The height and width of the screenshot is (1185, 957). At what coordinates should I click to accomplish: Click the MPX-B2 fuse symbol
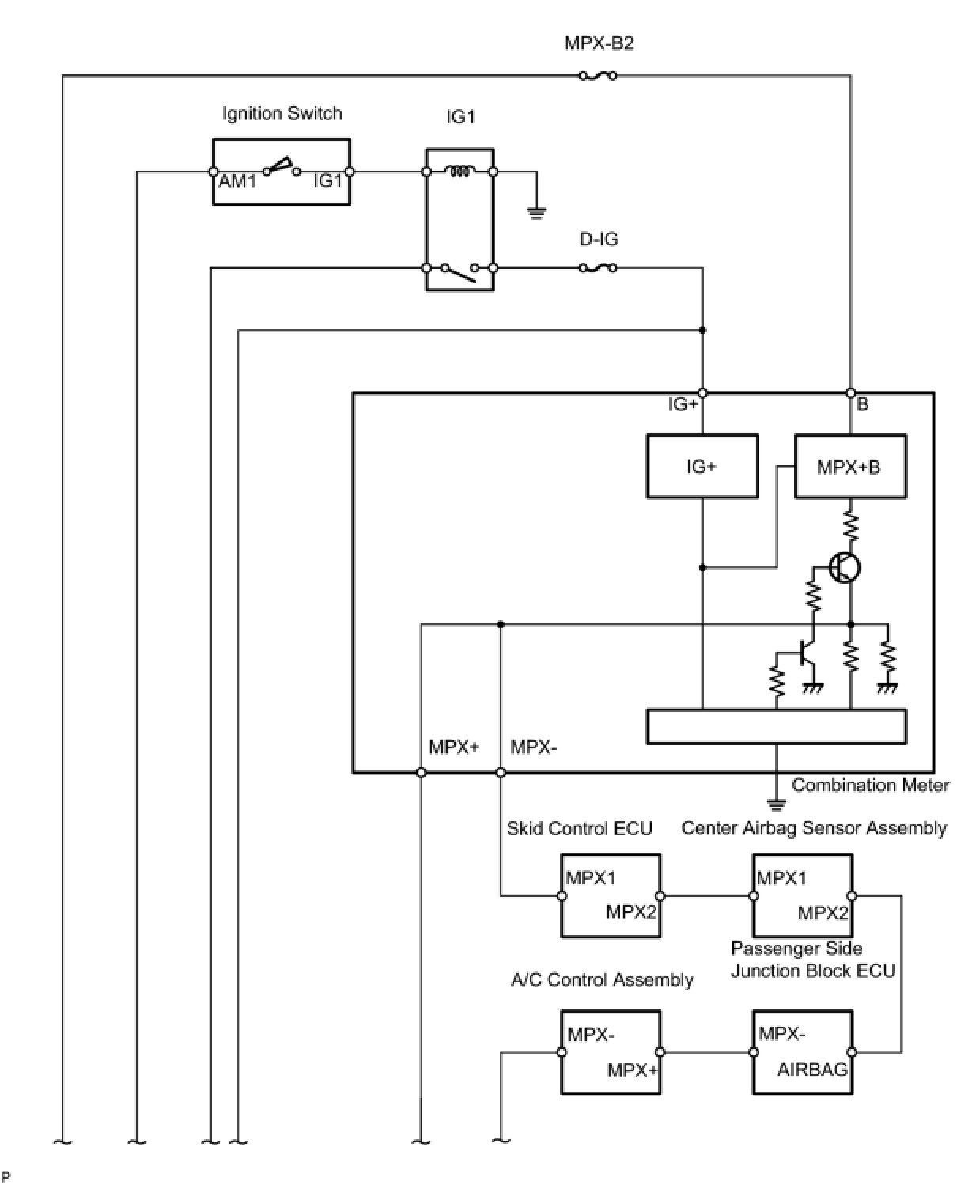click(598, 76)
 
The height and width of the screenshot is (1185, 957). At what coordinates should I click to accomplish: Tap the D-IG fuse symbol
click(598, 268)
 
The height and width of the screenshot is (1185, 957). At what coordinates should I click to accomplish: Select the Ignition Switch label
click(282, 113)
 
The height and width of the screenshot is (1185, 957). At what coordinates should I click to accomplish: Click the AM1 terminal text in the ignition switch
click(238, 181)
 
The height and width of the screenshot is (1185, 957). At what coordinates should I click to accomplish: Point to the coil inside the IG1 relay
click(460, 170)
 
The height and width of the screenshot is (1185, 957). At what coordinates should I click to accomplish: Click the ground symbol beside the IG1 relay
click(536, 211)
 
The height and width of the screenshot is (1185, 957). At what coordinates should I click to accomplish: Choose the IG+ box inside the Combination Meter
click(702, 467)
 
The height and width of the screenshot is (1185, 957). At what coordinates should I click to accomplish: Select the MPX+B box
click(849, 467)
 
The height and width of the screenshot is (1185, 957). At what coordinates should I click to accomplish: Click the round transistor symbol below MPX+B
click(845, 567)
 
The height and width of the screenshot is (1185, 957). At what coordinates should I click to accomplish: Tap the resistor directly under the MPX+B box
click(851, 525)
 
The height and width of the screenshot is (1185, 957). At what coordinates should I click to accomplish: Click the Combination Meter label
click(870, 785)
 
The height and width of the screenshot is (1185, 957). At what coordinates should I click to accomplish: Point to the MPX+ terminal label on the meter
click(454, 747)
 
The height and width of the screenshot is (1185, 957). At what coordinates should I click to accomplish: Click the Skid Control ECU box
click(611, 895)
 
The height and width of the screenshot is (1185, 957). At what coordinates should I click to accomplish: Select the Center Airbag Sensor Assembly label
click(814, 828)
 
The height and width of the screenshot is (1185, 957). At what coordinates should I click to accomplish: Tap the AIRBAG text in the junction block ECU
click(812, 1070)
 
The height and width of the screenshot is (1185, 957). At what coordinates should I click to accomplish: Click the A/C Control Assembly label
click(602, 980)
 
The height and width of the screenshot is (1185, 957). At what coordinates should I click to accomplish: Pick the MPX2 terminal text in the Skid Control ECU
click(631, 911)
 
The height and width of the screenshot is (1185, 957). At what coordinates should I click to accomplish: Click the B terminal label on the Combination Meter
click(863, 404)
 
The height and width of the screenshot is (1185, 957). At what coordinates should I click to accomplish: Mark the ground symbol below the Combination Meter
click(777, 805)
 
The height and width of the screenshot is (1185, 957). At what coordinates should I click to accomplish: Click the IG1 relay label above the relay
click(460, 118)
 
